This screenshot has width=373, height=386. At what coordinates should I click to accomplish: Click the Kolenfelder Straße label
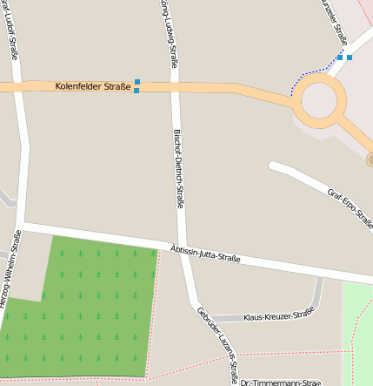click(93, 86)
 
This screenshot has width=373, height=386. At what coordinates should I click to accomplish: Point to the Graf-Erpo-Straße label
click(349, 207)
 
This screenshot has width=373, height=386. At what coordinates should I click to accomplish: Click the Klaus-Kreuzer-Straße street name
click(278, 316)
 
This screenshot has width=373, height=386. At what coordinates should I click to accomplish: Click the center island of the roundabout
click(319, 101)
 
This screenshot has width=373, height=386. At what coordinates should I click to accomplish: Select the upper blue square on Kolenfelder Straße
click(137, 82)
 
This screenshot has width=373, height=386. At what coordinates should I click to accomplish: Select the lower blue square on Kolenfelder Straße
click(137, 91)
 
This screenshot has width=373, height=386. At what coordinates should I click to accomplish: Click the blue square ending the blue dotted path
click(339, 58)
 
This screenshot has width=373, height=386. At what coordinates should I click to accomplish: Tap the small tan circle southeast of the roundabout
click(370, 159)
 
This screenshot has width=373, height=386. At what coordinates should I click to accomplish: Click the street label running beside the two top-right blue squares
click(334, 22)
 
